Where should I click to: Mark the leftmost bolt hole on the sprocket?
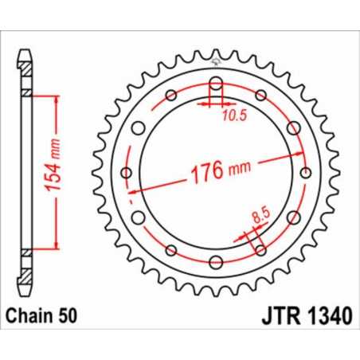[x=126, y=174]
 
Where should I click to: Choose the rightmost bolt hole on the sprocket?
[x=306, y=174]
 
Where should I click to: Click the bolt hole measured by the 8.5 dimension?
[x=261, y=249]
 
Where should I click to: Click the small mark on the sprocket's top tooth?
[x=216, y=57]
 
